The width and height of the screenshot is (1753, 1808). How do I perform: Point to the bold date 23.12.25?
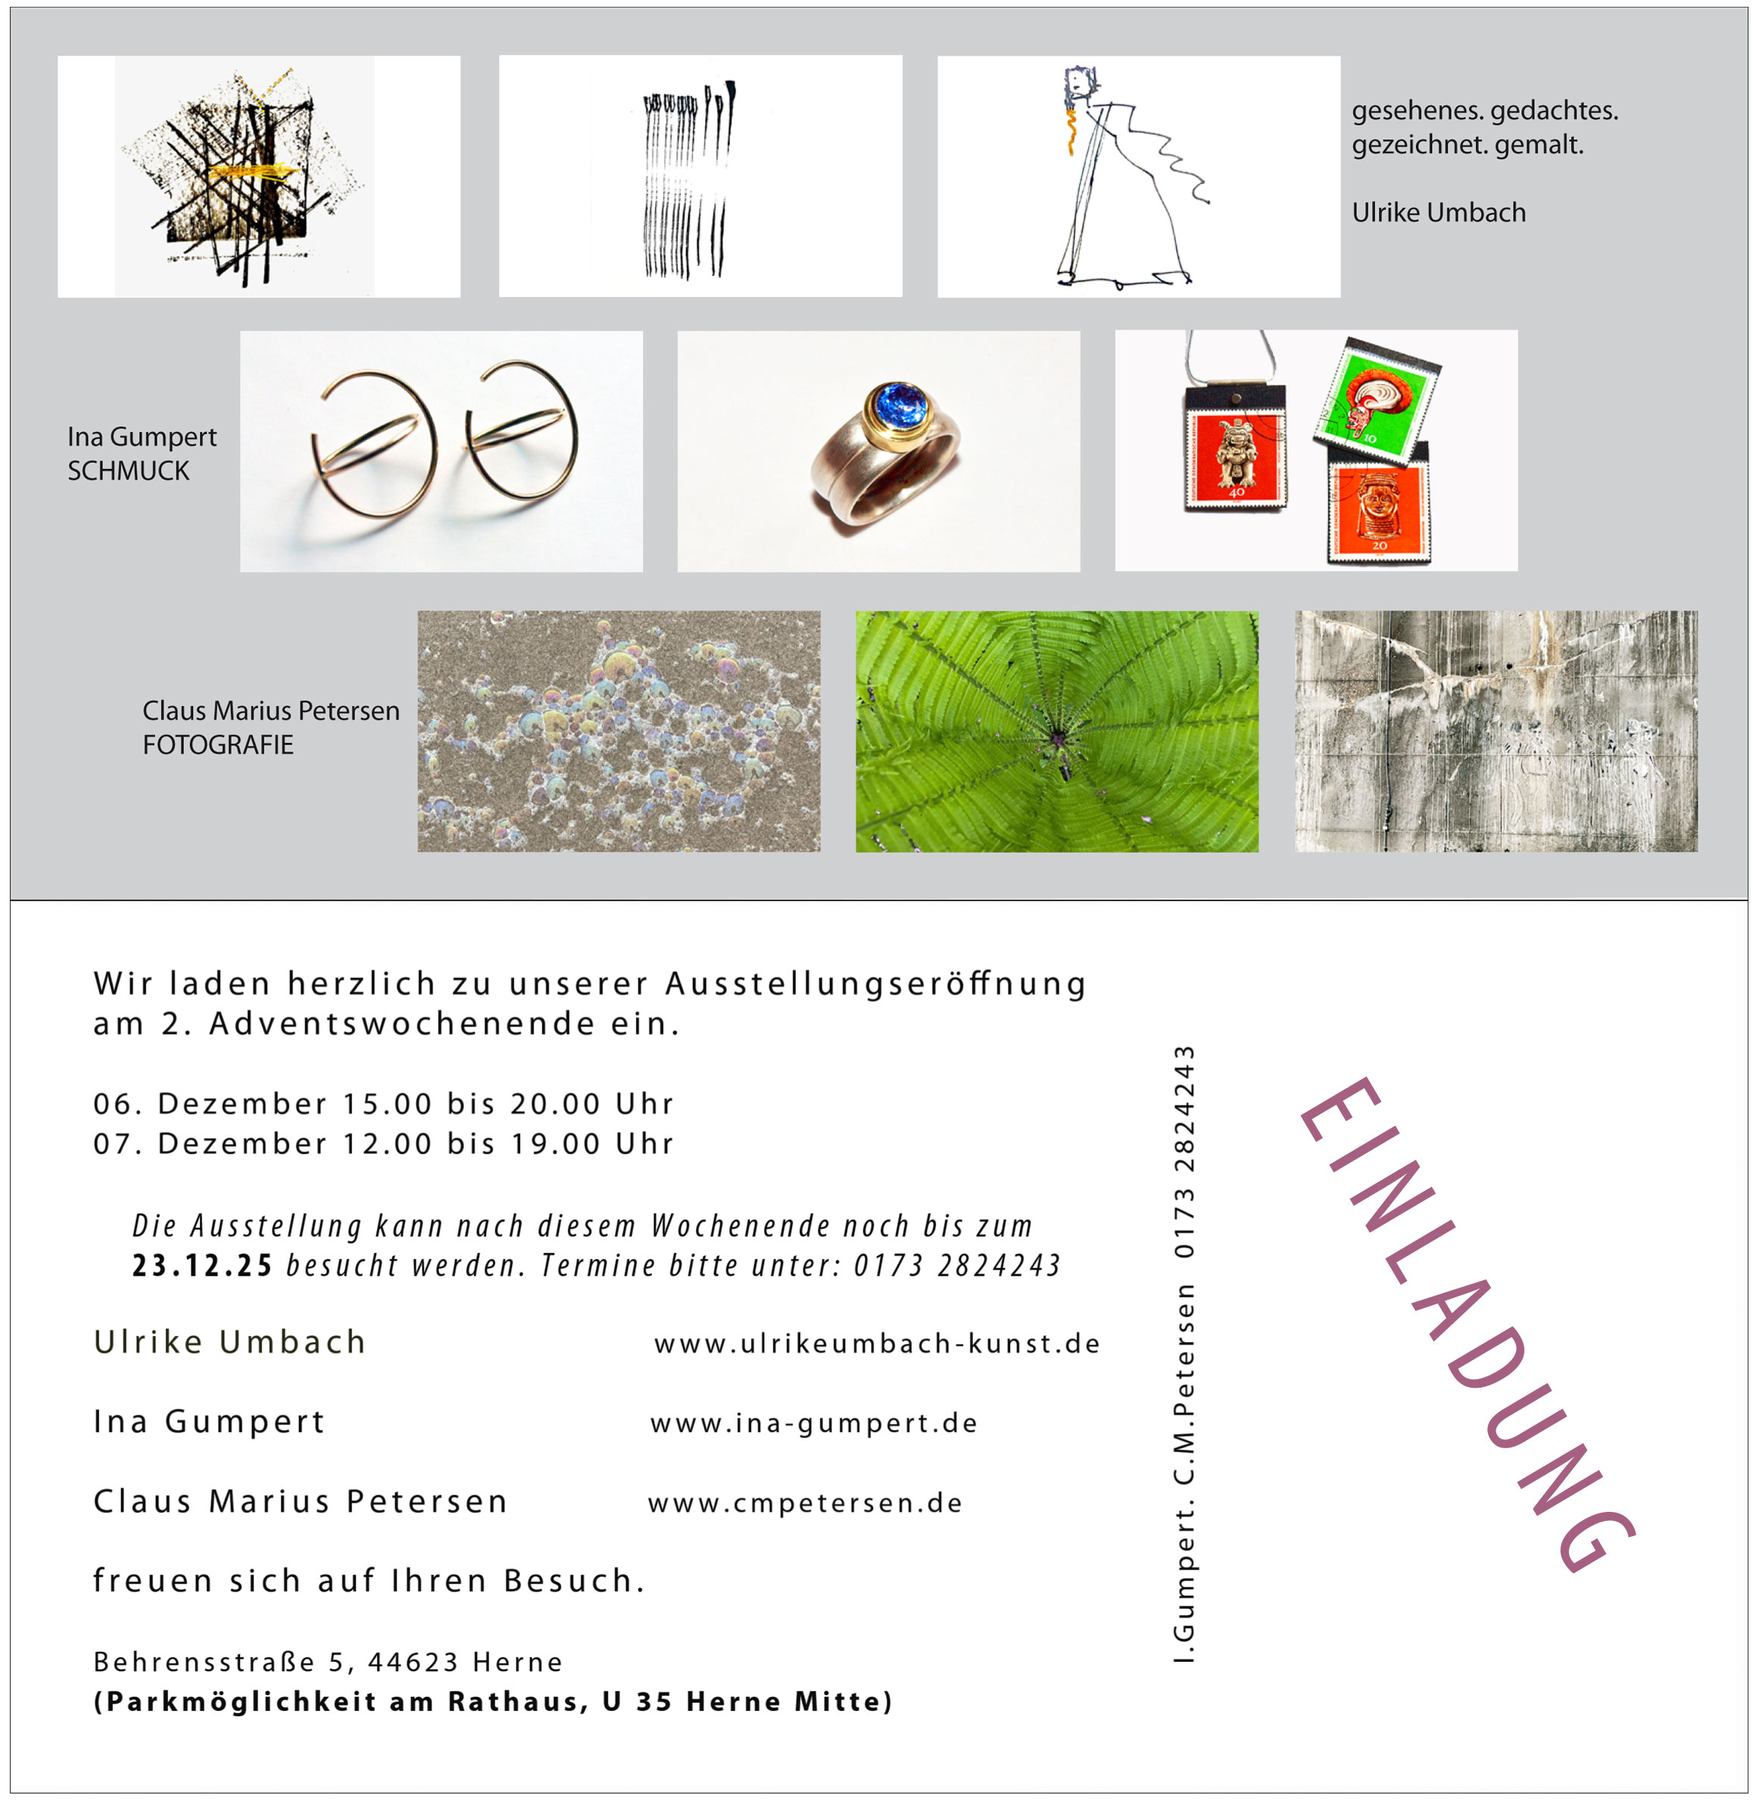tap(202, 1266)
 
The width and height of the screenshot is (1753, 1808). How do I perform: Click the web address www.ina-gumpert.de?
tap(813, 1423)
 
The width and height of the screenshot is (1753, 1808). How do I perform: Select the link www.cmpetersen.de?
tap(804, 1503)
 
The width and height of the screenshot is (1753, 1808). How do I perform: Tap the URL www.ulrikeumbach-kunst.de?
tap(876, 1344)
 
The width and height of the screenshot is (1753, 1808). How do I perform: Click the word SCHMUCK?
tap(128, 471)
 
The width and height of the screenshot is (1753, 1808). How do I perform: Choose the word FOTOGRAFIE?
tap(217, 745)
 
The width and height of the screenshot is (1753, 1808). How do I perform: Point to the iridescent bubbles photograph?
tap(618, 731)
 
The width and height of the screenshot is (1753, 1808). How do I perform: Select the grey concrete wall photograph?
tap(1495, 731)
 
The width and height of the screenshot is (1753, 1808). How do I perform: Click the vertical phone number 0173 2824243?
tap(1184, 1152)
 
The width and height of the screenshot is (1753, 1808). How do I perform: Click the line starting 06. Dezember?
tap(382, 1104)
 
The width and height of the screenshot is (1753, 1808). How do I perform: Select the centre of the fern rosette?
tap(1057, 736)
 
